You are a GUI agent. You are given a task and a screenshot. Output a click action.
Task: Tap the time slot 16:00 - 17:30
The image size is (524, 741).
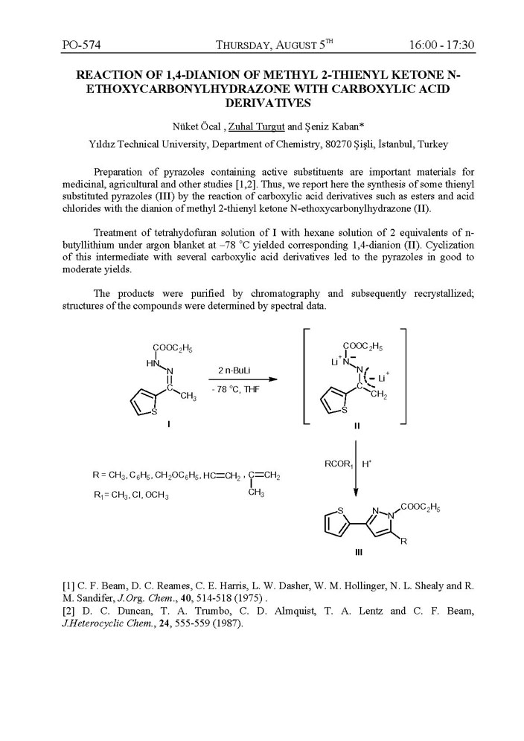441,45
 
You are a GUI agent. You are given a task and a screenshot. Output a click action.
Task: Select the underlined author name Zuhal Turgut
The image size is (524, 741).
255,125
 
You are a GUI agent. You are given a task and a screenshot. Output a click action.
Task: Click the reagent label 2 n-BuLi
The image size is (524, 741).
233,370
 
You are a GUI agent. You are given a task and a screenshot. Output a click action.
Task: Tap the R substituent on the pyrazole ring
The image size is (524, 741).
403,542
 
